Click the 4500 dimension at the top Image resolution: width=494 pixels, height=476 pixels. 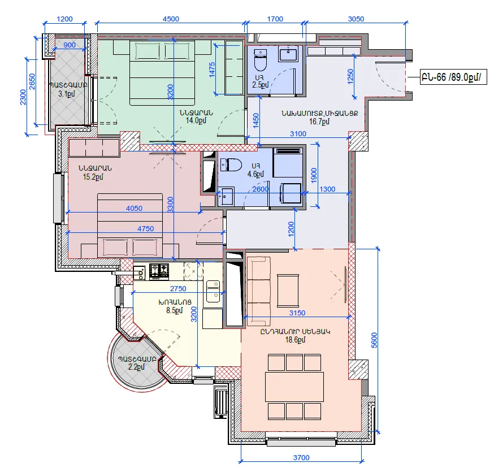tap(171, 19)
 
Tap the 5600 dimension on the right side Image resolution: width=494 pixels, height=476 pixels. tap(374, 340)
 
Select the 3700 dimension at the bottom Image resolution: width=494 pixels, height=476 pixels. tap(301, 457)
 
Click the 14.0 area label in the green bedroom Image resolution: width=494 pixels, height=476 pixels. tap(196, 120)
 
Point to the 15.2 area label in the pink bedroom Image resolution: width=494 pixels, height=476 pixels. tap(93, 177)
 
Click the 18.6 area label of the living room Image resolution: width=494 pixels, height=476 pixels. tap(295, 340)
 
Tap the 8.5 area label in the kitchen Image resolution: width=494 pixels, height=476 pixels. tap(174, 310)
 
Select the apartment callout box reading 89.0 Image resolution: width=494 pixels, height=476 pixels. tap(453, 77)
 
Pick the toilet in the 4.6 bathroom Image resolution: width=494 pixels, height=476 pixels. tap(231, 165)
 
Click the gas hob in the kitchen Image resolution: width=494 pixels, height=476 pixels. tap(159, 271)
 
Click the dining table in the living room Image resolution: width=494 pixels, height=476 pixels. tap(294, 387)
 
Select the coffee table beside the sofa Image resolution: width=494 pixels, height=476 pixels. tap(288, 290)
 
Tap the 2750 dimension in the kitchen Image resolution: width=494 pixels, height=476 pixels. tap(178, 288)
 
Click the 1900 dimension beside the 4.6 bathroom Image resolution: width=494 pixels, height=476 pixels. tap(314, 175)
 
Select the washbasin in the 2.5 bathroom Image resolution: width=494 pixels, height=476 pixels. tap(288, 54)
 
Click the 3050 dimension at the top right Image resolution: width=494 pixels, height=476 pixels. tap(356, 19)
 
